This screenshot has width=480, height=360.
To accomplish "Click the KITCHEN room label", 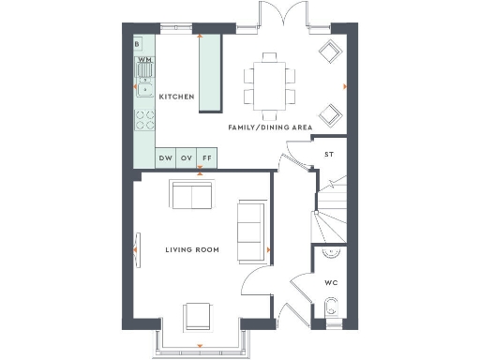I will pos(176,97).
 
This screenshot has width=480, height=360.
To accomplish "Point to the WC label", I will pos(330,281).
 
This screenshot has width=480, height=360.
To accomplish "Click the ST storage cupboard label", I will pos(329,155).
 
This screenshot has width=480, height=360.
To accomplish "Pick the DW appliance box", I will pos(165,158).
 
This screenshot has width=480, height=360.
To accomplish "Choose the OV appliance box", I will pos(186,158).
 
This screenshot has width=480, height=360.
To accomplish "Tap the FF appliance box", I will pos(206,158).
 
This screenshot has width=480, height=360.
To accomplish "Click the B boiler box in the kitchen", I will pos(138,44).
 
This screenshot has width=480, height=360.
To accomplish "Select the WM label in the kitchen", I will pos(144,59).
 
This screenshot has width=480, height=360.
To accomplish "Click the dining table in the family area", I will pos(268,81).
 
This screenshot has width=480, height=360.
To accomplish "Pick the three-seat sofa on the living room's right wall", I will pos(250,231).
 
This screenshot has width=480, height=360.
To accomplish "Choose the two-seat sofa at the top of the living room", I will pos(190,197).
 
